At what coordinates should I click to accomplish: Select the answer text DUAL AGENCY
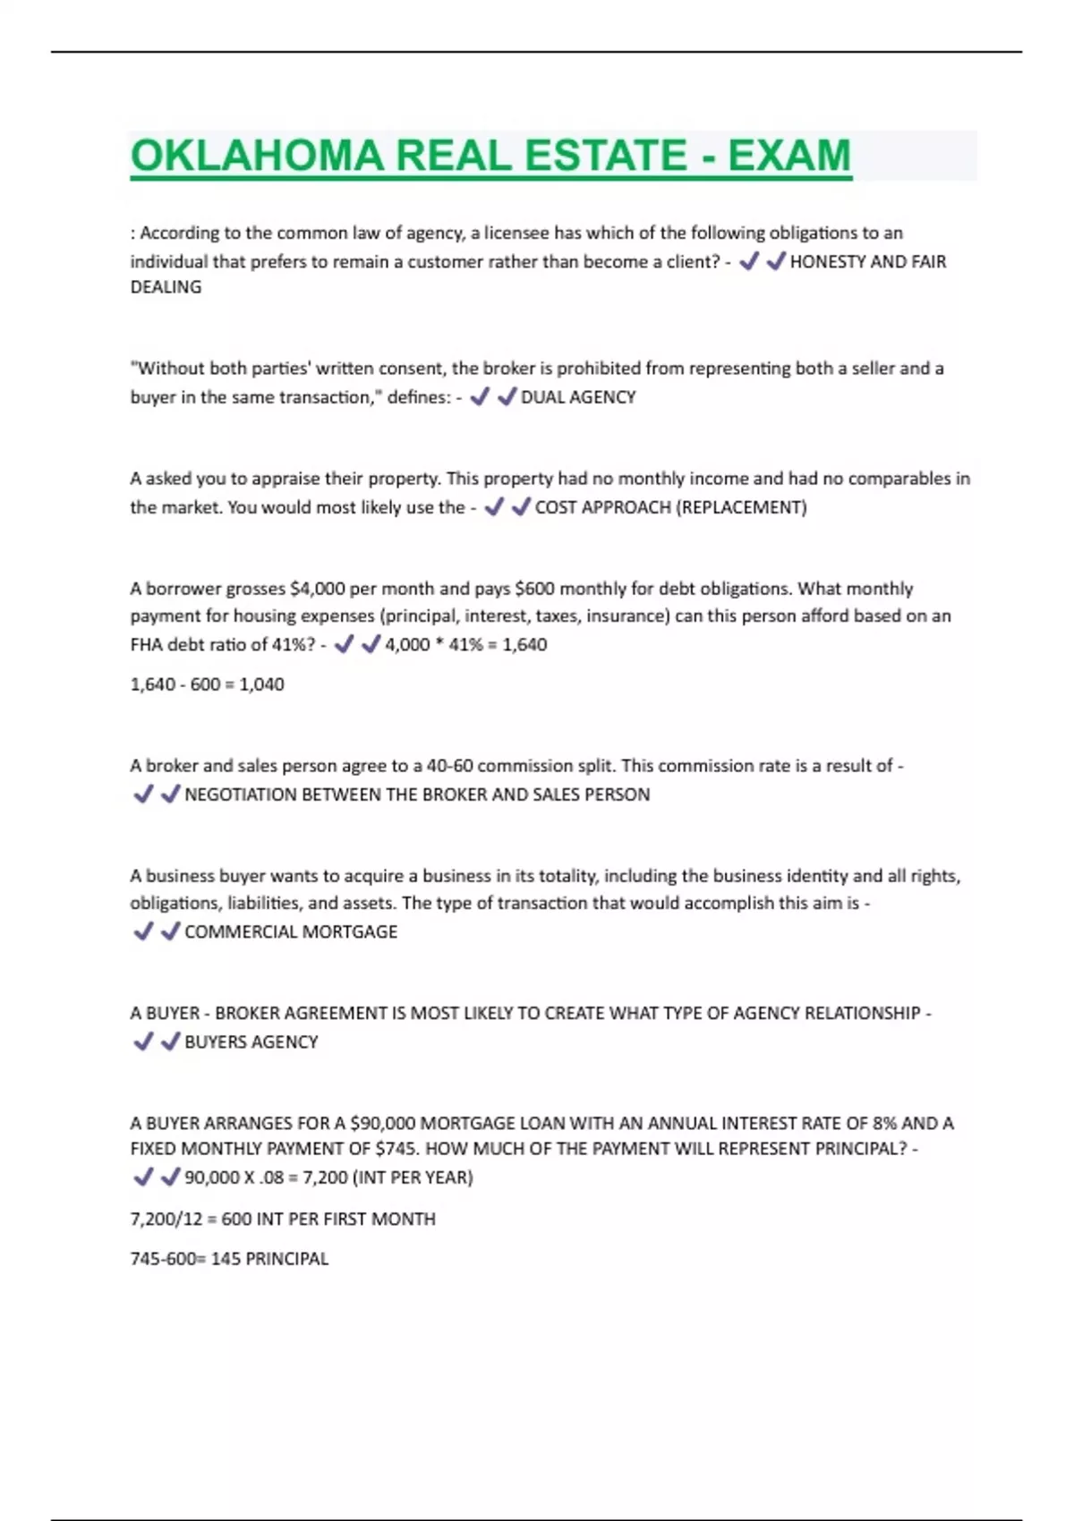(x=578, y=397)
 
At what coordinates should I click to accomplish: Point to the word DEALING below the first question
(x=166, y=287)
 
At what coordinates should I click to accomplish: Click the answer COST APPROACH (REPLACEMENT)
(x=670, y=507)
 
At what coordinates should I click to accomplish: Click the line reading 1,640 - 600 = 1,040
(x=207, y=684)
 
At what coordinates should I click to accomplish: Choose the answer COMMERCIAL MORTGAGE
(x=291, y=931)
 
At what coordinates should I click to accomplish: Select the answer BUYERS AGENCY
(x=251, y=1041)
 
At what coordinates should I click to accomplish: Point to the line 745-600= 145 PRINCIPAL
(x=229, y=1259)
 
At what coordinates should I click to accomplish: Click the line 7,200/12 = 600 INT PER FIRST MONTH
(x=283, y=1219)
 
